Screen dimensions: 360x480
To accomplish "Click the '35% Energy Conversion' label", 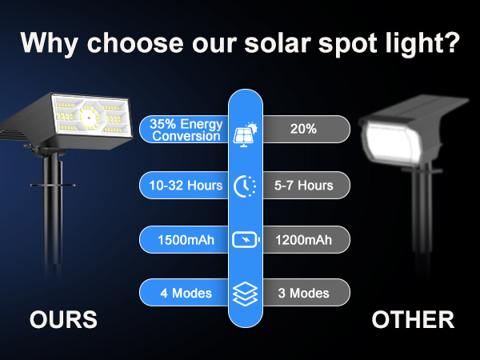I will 185,130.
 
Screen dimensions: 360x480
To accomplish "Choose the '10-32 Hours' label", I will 185,186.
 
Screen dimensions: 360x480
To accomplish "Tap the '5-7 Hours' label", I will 303,186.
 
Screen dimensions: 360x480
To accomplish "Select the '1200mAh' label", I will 303,240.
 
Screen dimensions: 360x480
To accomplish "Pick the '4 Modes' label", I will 185,293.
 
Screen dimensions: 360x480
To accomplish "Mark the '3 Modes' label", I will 303,293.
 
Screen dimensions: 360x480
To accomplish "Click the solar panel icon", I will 244,133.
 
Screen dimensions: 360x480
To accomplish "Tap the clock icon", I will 244,186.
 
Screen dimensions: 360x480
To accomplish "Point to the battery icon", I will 244,240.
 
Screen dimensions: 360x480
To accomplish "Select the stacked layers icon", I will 244,293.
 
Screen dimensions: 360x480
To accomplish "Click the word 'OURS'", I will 64,321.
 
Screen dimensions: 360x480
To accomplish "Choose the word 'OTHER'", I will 413,321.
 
